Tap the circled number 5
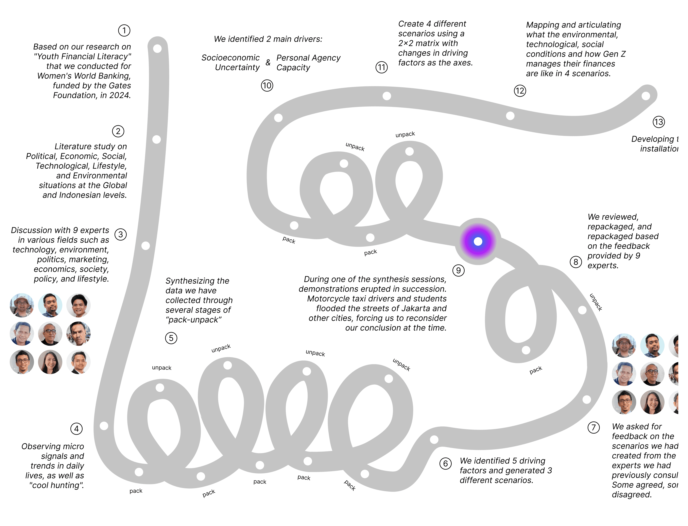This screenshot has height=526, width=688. tap(171, 338)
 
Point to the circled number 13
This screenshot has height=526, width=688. tap(659, 122)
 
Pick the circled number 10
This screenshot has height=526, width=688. tap(267, 85)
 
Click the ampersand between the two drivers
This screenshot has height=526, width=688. tap(268, 63)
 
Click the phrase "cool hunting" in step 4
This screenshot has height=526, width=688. tap(56, 485)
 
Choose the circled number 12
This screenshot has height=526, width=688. tap(520, 91)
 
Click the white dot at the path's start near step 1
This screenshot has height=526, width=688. tap(157, 49)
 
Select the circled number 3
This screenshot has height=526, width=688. tap(121, 235)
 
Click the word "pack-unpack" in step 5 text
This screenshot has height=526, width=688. tap(194, 320)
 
